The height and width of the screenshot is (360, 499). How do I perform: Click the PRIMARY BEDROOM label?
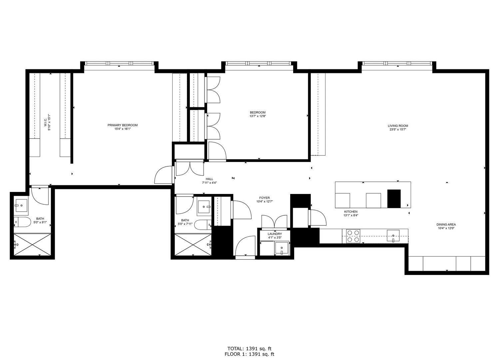pyautogui.click(x=122, y=125)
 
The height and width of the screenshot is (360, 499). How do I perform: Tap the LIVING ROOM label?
pyautogui.click(x=398, y=126)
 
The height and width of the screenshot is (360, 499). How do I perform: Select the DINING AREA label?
pyautogui.click(x=446, y=225)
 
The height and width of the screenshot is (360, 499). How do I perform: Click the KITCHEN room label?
pyautogui.click(x=350, y=212)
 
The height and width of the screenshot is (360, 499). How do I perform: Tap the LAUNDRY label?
pyautogui.click(x=274, y=234)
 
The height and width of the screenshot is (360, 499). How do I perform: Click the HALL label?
pyautogui.click(x=209, y=179)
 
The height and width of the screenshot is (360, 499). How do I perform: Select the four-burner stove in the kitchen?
pyautogui.click(x=353, y=236)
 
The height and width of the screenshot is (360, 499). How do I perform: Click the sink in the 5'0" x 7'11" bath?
pyautogui.click(x=204, y=207)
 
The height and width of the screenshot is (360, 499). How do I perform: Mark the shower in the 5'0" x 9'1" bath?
pyautogui.click(x=32, y=245)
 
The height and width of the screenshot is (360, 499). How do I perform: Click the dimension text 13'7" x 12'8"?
pyautogui.click(x=257, y=116)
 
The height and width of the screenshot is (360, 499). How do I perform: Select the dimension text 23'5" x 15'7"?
pyautogui.click(x=398, y=130)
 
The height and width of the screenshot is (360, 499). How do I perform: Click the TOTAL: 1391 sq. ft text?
pyautogui.click(x=249, y=349)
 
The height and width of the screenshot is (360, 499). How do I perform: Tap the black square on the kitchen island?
pyautogui.click(x=394, y=199)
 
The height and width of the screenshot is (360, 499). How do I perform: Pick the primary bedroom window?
pyautogui.click(x=119, y=63)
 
